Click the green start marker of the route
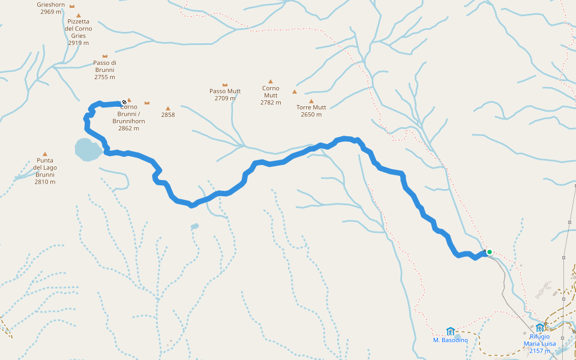pyautogui.click(x=490, y=252)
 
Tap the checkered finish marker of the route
pyautogui.click(x=124, y=103)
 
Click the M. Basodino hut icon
pyautogui.click(x=451, y=331)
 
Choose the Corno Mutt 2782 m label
pyautogui.click(x=271, y=95)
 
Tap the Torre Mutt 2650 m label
pyautogui.click(x=311, y=111)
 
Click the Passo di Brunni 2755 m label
pyautogui.click(x=105, y=70)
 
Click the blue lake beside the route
pyautogui.click(x=88, y=149)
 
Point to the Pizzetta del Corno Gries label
pyautogui.click(x=79, y=32)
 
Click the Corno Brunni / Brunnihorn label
pyautogui.click(x=128, y=118)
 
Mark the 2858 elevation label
pyautogui.click(x=168, y=115)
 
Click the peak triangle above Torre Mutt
pyautogui.click(x=311, y=101)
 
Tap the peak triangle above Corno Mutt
pyautogui.click(x=271, y=81)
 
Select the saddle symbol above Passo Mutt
pyautogui.click(x=225, y=85)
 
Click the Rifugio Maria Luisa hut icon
pyautogui.click(x=540, y=328)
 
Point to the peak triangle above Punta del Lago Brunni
pyautogui.click(x=45, y=154)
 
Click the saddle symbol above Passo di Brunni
pyautogui.click(x=105, y=56)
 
